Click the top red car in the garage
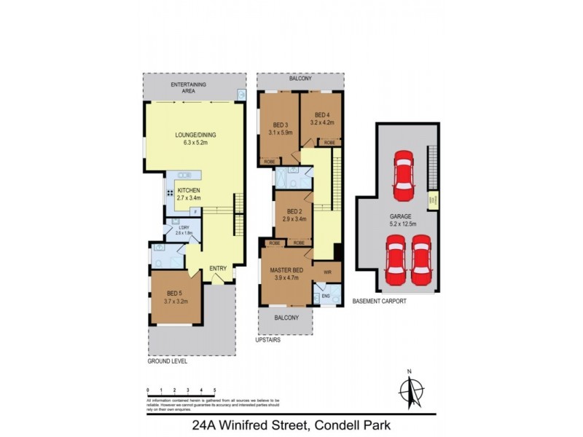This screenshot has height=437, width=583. [x=403, y=176]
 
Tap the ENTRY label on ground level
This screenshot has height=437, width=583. [x=218, y=269]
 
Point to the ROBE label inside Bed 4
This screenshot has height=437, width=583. [x=329, y=142]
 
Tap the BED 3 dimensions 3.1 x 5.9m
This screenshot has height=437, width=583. [x=280, y=133]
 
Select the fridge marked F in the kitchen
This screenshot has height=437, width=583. [x=194, y=211]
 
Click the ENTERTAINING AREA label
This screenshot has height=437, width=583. [x=188, y=88]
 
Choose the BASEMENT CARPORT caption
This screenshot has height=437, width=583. [x=379, y=301]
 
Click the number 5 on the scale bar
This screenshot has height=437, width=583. [x=214, y=391]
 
